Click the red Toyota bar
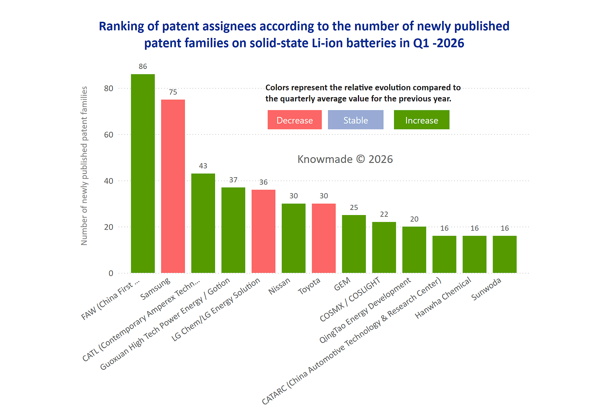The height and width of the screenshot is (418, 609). (x=324, y=238)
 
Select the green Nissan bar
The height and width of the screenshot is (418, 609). (x=293, y=238)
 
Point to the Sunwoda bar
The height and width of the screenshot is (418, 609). (x=504, y=254)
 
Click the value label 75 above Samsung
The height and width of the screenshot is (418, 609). (x=173, y=92)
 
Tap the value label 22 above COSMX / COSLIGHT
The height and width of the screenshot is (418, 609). (x=384, y=214)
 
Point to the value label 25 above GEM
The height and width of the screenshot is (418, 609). (x=354, y=207)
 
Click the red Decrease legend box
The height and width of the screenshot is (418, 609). (x=294, y=120)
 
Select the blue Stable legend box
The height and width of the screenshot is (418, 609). (x=355, y=120)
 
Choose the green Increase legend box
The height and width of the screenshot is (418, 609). (x=421, y=120)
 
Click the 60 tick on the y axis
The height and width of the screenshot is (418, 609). (x=108, y=135)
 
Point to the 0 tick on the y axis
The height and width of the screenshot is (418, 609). (x=111, y=273)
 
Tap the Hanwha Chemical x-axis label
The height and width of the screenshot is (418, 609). (x=443, y=298)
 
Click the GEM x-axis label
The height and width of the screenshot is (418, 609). (x=342, y=284)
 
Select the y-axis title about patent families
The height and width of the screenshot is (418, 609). (x=84, y=165)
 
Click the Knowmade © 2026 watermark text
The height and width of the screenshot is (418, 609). (x=345, y=159)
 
